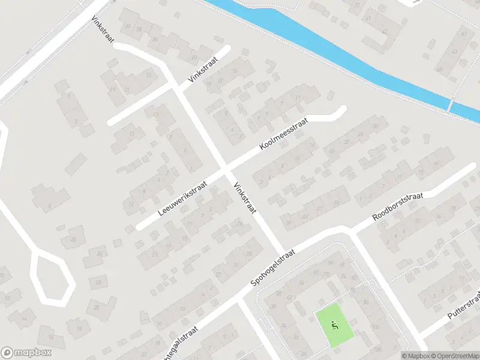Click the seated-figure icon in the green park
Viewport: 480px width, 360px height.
click(x=335, y=326)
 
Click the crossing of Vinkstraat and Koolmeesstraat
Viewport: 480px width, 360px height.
click(x=225, y=170)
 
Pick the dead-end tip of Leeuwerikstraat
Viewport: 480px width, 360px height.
click(x=139, y=227)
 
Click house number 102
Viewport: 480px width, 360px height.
click(x=376, y=328)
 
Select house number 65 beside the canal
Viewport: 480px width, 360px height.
click(x=440, y=70)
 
